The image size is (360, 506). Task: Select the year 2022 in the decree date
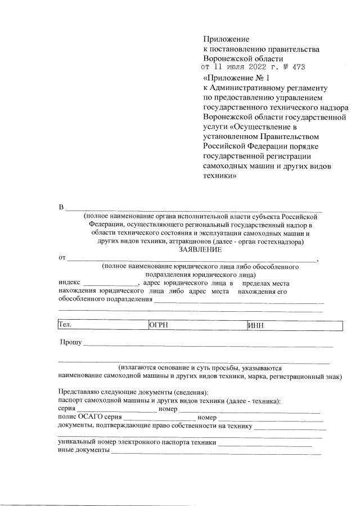pos(264,68)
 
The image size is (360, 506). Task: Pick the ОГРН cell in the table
pos(197,325)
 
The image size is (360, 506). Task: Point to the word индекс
pos(69,283)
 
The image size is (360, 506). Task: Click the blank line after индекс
pos(111,284)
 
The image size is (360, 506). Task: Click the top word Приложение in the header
pos(226,39)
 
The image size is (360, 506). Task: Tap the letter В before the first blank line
pos(62,208)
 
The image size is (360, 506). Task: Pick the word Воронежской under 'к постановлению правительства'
pos(226,59)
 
